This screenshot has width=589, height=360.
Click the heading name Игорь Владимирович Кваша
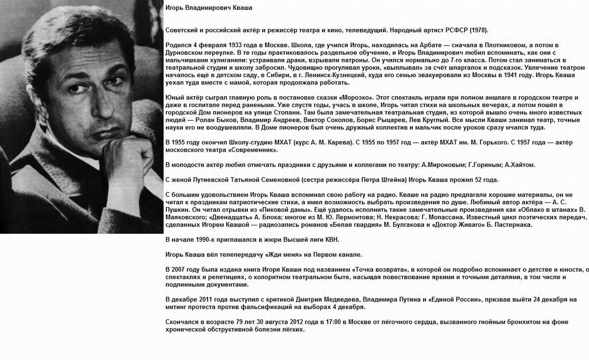pyautogui.click(x=210, y=8)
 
